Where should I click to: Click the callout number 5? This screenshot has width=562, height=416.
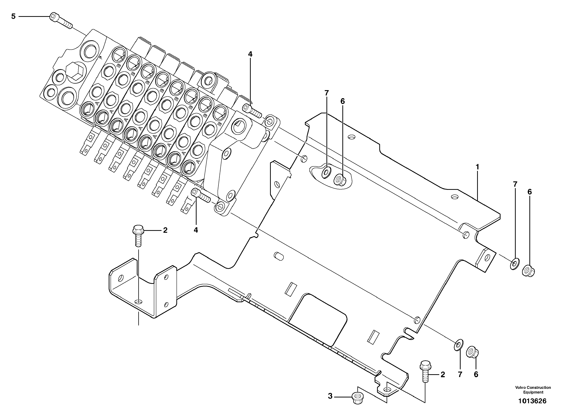coord(13,17)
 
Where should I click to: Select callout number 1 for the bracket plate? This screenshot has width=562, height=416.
coord(477,167)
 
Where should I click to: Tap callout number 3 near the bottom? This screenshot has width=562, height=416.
coord(330,396)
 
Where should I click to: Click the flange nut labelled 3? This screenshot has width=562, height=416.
coord(357,398)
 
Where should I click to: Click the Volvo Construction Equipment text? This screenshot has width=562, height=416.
coord(533,390)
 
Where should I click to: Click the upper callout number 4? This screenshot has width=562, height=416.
coord(250,54)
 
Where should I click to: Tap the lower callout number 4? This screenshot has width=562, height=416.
coord(196,230)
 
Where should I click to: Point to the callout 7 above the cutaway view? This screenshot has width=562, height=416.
coord(327,93)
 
